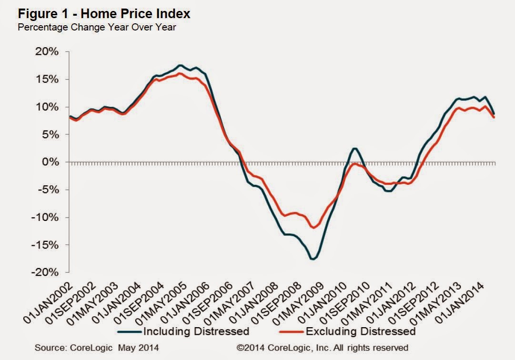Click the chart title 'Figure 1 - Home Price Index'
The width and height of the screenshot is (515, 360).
tap(104, 14)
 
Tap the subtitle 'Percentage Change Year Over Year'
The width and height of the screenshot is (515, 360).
tap(97, 27)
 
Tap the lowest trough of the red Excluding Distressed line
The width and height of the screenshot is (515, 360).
tap(313, 227)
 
